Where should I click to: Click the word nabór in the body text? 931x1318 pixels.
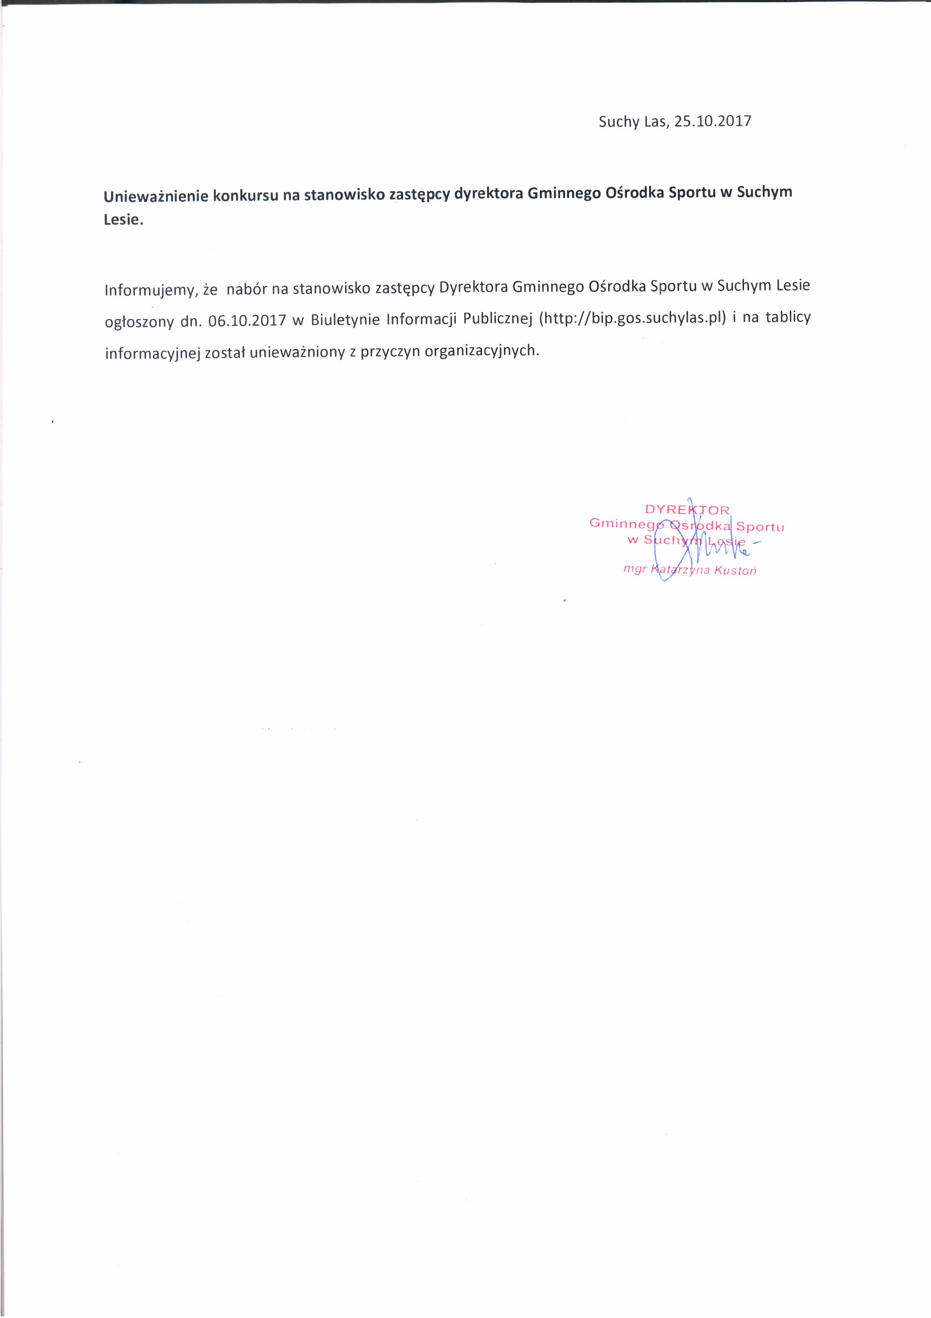(x=247, y=288)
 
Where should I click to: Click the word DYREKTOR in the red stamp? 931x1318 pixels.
(x=687, y=509)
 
